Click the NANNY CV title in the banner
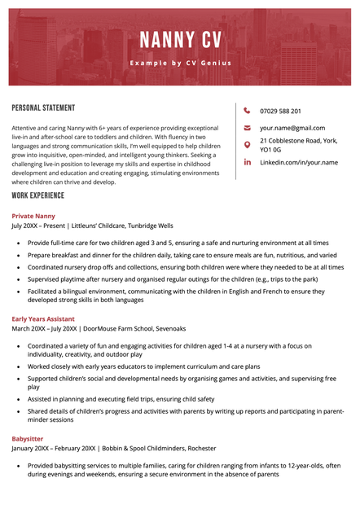(179, 40)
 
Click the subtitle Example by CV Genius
(179, 63)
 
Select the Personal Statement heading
(43, 108)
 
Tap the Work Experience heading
(37, 196)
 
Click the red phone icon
(248, 111)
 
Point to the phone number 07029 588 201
(280, 111)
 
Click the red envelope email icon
(248, 128)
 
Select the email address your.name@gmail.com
(292, 128)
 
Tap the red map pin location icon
(248, 145)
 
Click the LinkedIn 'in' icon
(248, 162)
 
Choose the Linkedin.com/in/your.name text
(298, 162)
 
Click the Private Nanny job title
(33, 216)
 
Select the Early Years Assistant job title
(45, 319)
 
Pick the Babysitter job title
(28, 438)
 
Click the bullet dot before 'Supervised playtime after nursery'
(19, 279)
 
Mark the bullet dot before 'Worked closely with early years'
(19, 367)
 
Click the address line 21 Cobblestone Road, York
(298, 141)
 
